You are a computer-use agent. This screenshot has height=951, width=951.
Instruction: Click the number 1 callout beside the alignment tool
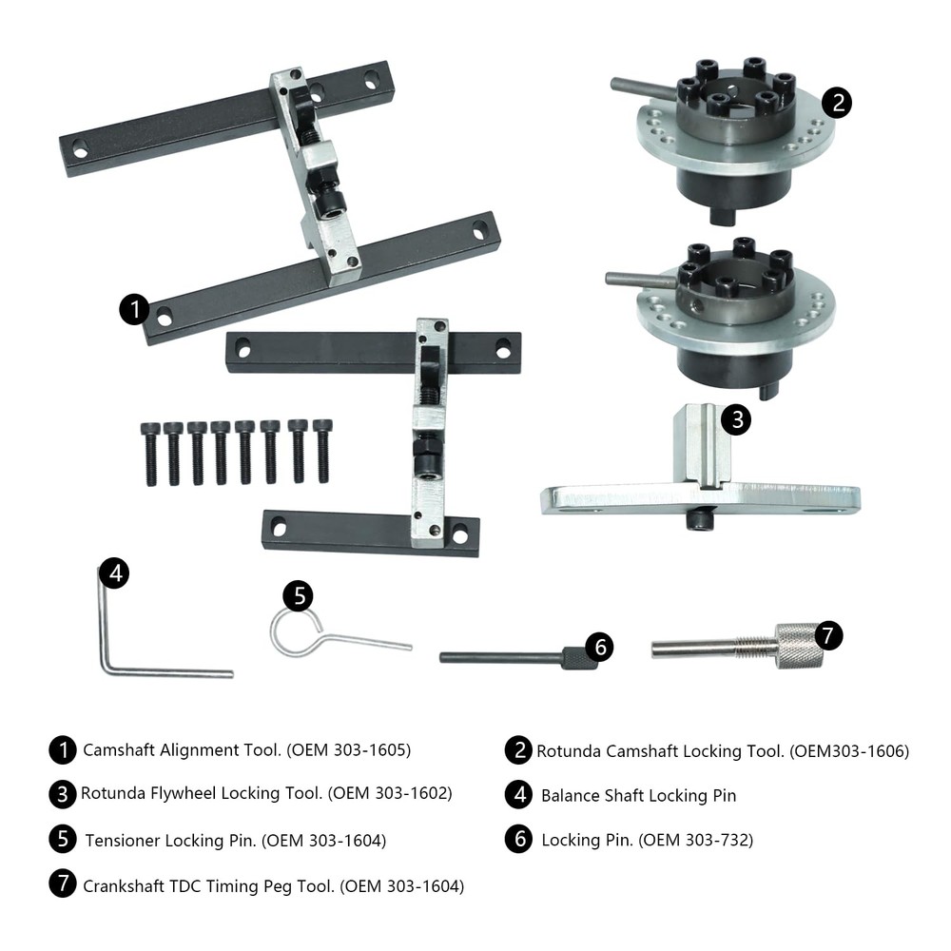pyautogui.click(x=134, y=308)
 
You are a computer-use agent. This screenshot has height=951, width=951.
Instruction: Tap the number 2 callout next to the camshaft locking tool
pyautogui.click(x=836, y=103)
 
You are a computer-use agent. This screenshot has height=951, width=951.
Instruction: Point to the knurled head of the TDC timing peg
pyautogui.click(x=797, y=646)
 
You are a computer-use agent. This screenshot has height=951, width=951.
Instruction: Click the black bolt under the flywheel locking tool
pyautogui.click(x=700, y=520)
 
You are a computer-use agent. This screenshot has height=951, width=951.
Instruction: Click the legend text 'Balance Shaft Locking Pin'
pyautogui.click(x=638, y=795)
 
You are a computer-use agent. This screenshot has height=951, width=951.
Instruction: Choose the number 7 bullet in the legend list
pyautogui.click(x=63, y=883)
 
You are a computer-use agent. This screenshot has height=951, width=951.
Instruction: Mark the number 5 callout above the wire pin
pyautogui.click(x=300, y=596)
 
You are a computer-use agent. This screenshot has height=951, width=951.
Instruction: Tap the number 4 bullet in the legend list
pyautogui.click(x=518, y=795)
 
